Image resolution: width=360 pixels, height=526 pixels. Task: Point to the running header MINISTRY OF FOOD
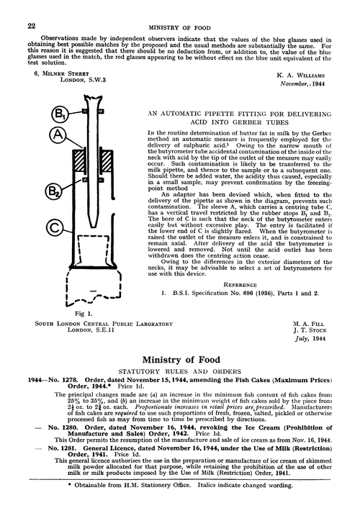pyautogui.click(x=179, y=25)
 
